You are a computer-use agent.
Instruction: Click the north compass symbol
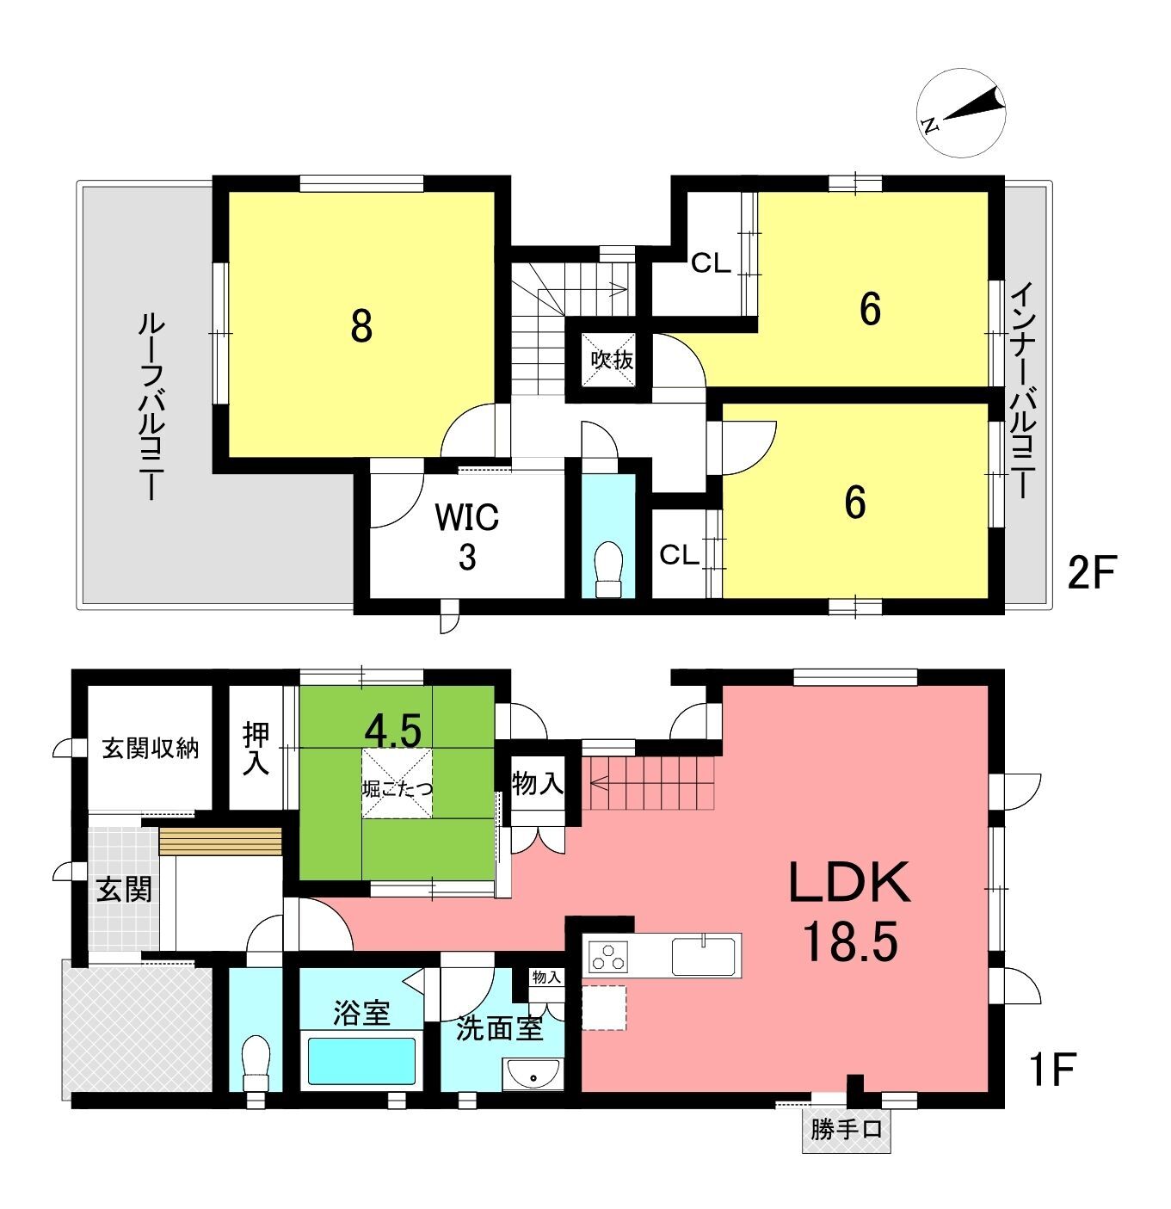960,114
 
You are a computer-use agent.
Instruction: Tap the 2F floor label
1092,573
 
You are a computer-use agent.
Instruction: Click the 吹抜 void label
612,360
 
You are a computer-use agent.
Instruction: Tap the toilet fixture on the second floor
608,569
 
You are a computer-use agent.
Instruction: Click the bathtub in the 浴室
361,1061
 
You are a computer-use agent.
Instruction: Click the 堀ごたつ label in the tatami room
397,789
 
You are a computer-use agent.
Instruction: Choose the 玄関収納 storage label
151,748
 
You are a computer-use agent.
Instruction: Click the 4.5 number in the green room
393,730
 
